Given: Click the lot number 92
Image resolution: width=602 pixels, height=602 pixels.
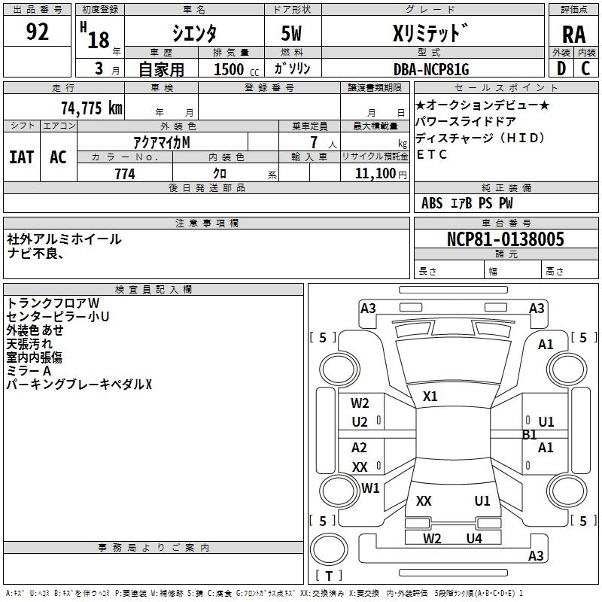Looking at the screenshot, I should coord(37,32).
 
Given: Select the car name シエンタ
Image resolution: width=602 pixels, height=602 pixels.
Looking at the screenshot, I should coord(196,34).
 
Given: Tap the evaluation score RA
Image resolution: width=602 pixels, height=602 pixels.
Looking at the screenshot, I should coord(573,35).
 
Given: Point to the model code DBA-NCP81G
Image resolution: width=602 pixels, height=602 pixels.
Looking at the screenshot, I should coord(431,69).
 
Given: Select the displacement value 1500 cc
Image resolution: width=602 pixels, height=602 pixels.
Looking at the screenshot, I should coord(233,69).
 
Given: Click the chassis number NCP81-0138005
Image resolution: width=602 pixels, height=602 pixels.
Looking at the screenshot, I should coord(505,239).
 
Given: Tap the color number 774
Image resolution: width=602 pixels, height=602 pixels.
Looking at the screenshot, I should coord(125,174).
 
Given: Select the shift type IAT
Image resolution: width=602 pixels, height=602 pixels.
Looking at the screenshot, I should coord(22,157).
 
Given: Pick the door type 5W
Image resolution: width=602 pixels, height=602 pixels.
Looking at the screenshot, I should coord(291,35).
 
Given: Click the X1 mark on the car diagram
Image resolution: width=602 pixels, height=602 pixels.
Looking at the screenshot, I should coord(430,397).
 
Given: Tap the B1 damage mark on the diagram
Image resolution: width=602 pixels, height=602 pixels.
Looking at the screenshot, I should coord(530,435).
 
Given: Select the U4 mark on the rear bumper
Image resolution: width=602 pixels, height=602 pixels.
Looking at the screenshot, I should coord(473,538).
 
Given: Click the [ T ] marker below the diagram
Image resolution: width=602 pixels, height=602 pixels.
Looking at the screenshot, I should coord(329,576).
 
